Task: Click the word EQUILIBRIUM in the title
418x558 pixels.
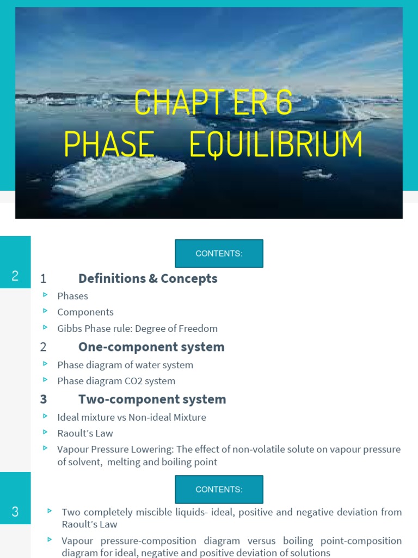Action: [276, 144]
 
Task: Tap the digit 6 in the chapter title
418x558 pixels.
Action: [284, 102]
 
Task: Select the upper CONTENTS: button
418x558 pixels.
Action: [219, 253]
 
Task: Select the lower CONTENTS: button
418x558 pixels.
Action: [219, 489]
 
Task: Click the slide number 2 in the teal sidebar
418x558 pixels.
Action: [15, 276]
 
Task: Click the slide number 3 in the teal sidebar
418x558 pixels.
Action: [15, 512]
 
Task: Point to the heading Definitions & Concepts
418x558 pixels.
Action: [147, 278]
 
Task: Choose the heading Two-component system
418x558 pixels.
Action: [152, 399]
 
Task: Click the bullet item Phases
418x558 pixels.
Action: [72, 296]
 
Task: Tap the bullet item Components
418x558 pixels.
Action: [85, 312]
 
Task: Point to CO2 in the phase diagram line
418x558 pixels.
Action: [137, 381]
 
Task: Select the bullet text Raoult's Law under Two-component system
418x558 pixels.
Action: [85, 433]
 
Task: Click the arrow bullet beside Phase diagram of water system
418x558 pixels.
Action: [45, 363]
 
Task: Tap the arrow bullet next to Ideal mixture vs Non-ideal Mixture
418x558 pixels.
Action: [45, 416]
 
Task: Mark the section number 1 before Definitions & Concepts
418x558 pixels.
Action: [43, 279]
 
